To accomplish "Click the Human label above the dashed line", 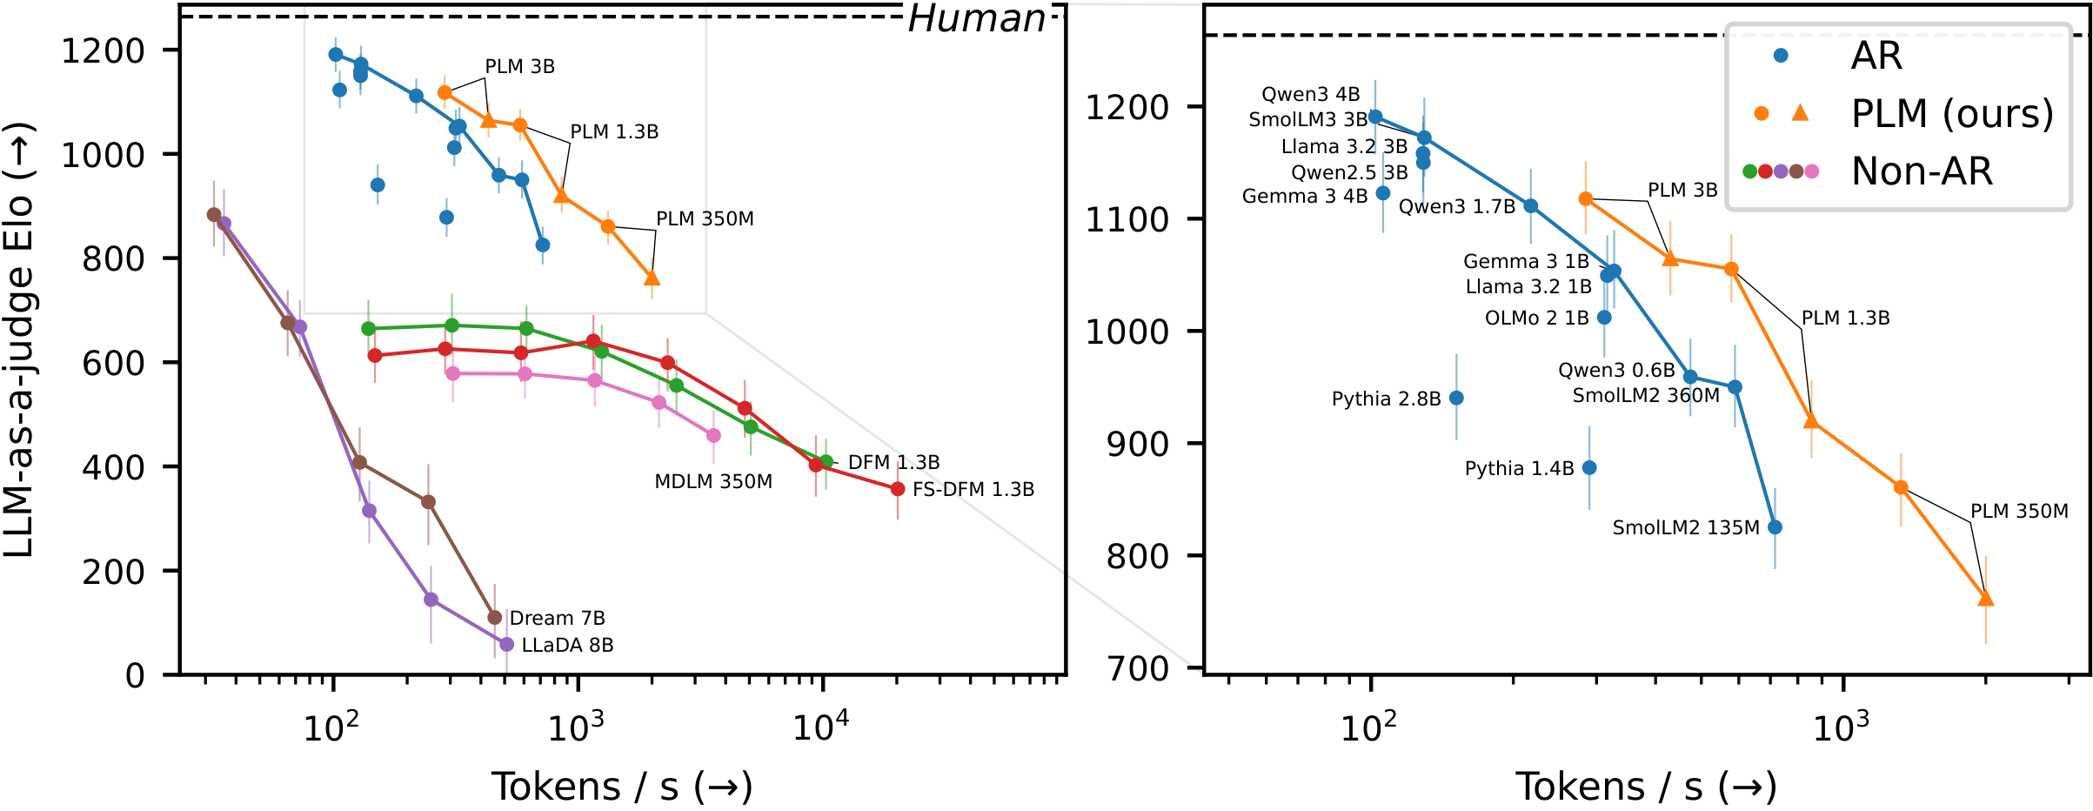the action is (976, 18).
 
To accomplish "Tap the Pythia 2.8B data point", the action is (1456, 398).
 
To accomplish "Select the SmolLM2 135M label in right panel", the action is (1686, 527).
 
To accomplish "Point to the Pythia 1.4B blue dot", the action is (1589, 467).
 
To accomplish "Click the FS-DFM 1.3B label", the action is (973, 489).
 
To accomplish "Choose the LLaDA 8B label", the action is (567, 645).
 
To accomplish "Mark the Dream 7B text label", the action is (557, 618).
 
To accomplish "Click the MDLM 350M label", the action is (713, 481).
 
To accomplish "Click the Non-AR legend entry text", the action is (1922, 171).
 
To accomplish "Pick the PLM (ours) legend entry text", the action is (1952, 113).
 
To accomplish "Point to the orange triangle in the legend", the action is (1800, 112).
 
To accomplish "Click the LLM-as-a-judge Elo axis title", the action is (18, 339).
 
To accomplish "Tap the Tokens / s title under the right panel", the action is (1646, 787).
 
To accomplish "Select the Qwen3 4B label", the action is (1310, 94).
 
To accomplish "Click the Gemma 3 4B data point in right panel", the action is (1383, 193).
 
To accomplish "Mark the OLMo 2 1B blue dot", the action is (1604, 318).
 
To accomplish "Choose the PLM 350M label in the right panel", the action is (2019, 511).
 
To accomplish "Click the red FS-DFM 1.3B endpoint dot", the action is (898, 489).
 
